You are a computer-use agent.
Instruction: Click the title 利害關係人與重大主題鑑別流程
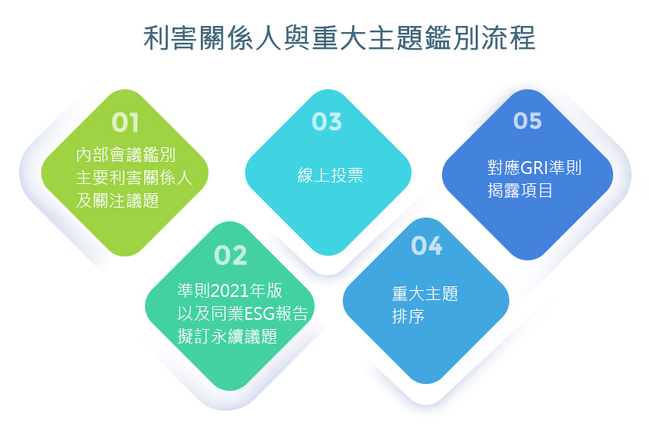coord(340,38)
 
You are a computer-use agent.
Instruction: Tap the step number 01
coord(125,123)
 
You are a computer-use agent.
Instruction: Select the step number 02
coord(231,255)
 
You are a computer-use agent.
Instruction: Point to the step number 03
coord(327,121)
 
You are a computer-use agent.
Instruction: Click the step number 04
coord(426,245)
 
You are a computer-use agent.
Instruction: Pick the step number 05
coord(528,121)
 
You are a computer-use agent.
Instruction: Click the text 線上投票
coord(331,176)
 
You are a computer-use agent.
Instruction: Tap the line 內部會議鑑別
coord(126,155)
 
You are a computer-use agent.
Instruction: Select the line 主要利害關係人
coord(134,178)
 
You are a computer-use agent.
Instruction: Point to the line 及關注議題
coord(118,201)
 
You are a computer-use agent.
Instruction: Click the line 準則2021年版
coord(230,291)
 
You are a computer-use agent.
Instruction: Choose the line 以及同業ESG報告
coord(243,314)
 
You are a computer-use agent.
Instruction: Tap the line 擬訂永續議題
coord(228,336)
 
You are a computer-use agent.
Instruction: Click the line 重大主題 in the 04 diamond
coord(425,293)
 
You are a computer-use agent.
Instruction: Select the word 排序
coord(408,317)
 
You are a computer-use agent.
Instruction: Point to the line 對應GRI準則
coord(534,168)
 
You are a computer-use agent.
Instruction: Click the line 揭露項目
coord(520,190)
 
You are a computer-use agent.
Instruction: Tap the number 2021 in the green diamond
coord(230,291)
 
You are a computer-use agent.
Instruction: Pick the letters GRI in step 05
coord(534,168)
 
